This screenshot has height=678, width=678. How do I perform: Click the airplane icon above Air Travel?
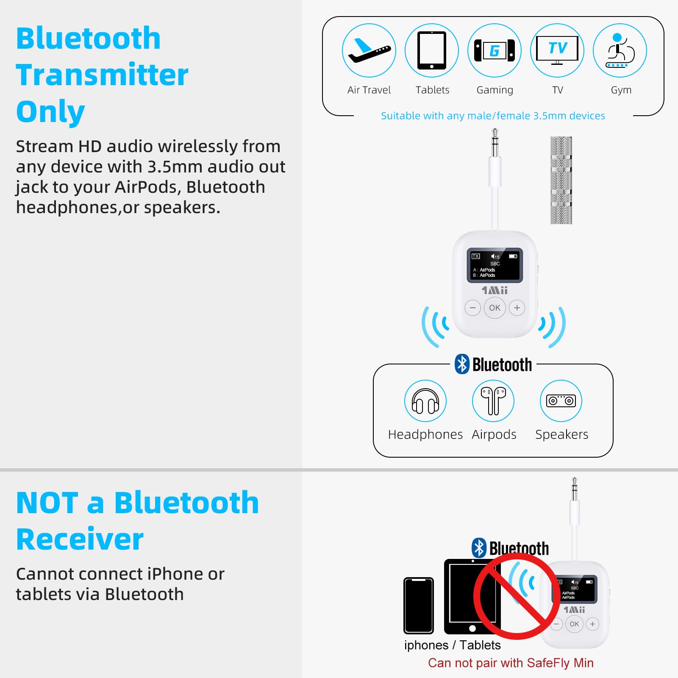(369, 50)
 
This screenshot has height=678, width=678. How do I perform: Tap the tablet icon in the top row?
(431, 50)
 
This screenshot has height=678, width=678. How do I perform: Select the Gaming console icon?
(495, 50)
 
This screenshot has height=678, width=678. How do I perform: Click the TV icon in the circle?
(557, 50)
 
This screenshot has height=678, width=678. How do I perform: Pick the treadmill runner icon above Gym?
(620, 50)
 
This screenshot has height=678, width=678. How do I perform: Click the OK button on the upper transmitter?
(495, 308)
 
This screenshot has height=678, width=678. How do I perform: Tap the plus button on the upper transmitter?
(517, 308)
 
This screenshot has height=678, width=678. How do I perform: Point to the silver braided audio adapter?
(561, 180)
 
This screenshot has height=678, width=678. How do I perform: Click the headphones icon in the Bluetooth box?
(425, 401)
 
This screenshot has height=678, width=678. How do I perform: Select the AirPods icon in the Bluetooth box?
(493, 401)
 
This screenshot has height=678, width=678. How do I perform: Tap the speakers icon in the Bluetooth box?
(561, 401)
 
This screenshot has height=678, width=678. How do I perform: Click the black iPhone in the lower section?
(418, 605)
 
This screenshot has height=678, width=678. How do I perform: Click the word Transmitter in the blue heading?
(102, 75)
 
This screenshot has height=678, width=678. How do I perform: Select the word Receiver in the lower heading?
(80, 539)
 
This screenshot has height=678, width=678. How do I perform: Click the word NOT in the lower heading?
(47, 503)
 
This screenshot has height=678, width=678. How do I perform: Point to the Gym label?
(621, 90)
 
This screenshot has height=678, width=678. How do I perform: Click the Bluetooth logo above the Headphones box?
(462, 364)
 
